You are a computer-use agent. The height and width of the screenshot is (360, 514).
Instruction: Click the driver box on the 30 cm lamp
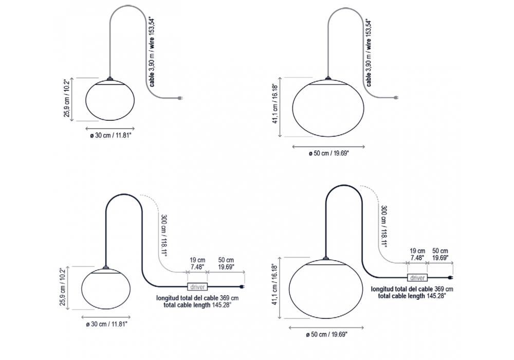tap(197, 287)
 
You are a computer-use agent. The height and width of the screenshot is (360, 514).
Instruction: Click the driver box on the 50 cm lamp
tap(417, 278)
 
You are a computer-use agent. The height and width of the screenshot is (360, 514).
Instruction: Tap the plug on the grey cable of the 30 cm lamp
tap(180, 98)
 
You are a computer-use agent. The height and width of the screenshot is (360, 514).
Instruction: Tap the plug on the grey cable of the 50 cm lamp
tap(396, 97)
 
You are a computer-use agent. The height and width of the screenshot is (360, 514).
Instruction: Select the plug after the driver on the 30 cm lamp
tap(243, 287)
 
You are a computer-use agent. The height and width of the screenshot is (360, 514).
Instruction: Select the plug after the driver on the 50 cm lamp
tap(451, 278)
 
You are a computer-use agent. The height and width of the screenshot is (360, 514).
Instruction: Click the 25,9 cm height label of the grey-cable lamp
tap(67, 98)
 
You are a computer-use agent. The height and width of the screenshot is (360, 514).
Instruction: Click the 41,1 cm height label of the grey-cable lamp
tap(275, 103)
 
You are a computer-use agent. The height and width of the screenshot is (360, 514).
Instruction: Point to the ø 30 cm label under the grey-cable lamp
tap(111, 135)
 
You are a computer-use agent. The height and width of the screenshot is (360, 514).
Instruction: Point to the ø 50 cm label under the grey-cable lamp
tap(329, 153)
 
